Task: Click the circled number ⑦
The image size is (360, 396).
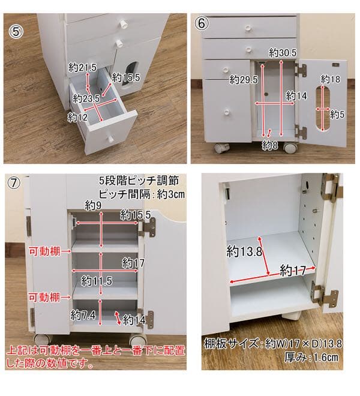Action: click(x=17, y=183)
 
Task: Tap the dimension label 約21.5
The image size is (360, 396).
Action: click(x=82, y=67)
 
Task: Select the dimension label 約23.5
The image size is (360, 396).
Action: click(x=86, y=98)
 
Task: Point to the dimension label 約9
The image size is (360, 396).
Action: click(x=93, y=205)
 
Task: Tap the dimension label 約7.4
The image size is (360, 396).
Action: click(x=83, y=314)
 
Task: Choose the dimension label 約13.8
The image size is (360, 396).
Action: click(x=245, y=251)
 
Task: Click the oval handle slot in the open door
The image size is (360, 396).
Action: click(x=326, y=109)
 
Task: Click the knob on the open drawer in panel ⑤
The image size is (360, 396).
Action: click(x=111, y=140)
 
